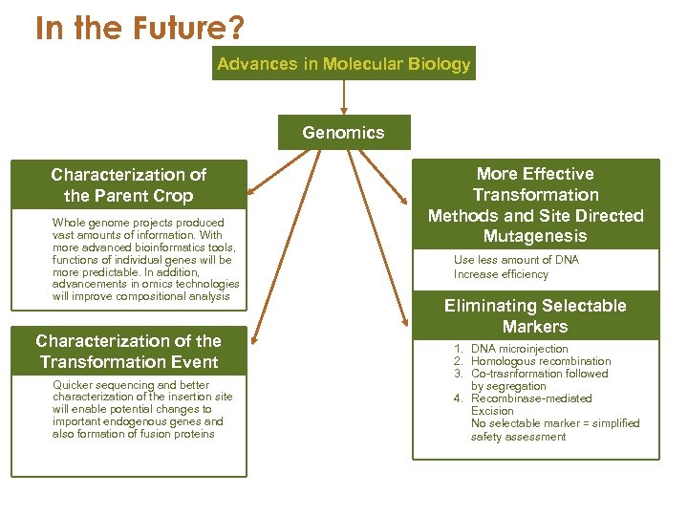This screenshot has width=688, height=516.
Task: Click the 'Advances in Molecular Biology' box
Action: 343,64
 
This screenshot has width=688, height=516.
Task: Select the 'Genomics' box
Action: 343,133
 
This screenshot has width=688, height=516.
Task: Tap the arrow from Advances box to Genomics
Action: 343,97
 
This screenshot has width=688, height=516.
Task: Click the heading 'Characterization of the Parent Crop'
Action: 128,185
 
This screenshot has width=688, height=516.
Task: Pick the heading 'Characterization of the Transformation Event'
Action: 128,352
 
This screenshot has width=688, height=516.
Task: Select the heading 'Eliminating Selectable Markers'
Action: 535,316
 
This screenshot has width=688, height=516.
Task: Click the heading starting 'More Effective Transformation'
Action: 535,204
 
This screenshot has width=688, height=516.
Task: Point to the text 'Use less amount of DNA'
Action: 516,260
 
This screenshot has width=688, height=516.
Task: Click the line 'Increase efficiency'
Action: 501,274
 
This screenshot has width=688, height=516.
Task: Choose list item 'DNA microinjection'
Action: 519,349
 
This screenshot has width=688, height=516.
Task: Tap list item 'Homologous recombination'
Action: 540,361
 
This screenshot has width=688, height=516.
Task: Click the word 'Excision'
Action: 492,411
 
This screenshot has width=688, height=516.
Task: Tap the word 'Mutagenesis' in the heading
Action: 535,236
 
